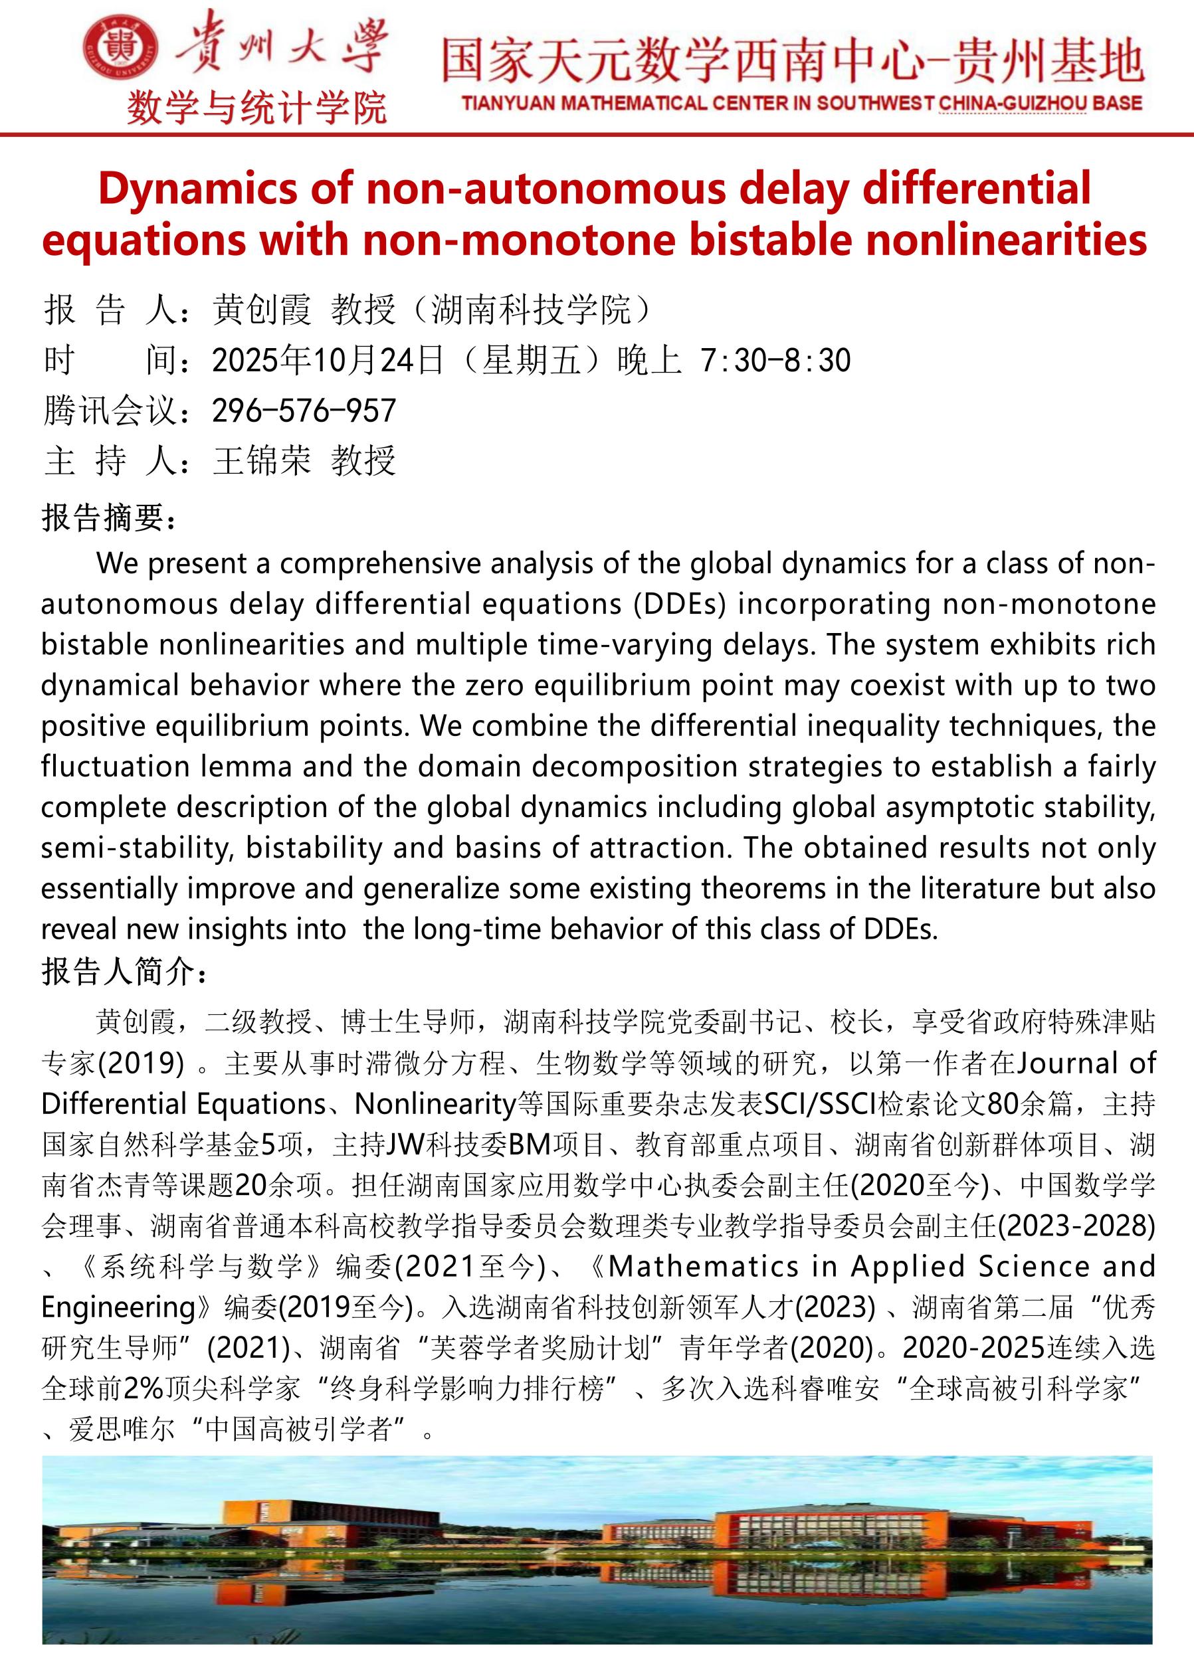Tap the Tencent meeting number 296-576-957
pyautogui.click(x=304, y=411)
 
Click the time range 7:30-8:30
pyautogui.click(x=775, y=361)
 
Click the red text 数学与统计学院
pyautogui.click(x=257, y=109)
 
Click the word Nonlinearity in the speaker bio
pyautogui.click(x=436, y=1105)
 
